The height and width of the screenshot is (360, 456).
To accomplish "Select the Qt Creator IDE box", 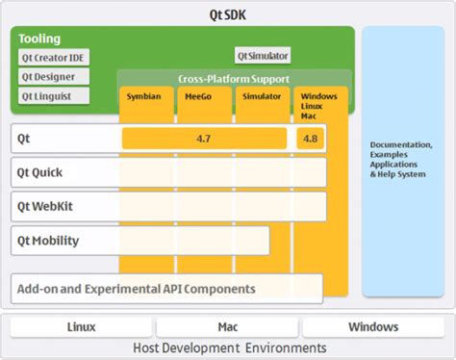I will pyautogui.click(x=59, y=57).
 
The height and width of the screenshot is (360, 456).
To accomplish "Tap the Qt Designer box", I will pyautogui.click(x=53, y=76).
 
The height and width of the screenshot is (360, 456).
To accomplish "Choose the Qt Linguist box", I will pyautogui.click(x=53, y=96).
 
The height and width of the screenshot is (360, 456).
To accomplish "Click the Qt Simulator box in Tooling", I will pyautogui.click(x=263, y=56).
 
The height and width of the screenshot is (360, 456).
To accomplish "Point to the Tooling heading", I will pyautogui.click(x=39, y=39).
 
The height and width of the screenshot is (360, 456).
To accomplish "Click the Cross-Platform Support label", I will pyautogui.click(x=233, y=78).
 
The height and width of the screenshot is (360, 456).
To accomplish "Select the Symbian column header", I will pyautogui.click(x=145, y=96).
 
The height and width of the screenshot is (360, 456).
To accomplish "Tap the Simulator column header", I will pyautogui.click(x=262, y=96).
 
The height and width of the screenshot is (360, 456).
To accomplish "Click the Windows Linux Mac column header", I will pyautogui.click(x=318, y=105).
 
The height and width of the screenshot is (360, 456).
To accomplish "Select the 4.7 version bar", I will pyautogui.click(x=204, y=139).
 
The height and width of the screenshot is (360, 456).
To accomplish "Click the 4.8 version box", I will pyautogui.click(x=311, y=139).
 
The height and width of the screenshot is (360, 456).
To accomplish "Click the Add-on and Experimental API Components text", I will pyautogui.click(x=136, y=288).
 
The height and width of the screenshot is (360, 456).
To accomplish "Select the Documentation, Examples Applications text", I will pyautogui.click(x=402, y=159).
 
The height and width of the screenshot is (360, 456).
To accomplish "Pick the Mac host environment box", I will pyautogui.click(x=227, y=327).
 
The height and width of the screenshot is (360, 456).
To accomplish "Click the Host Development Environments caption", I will pyautogui.click(x=228, y=347).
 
